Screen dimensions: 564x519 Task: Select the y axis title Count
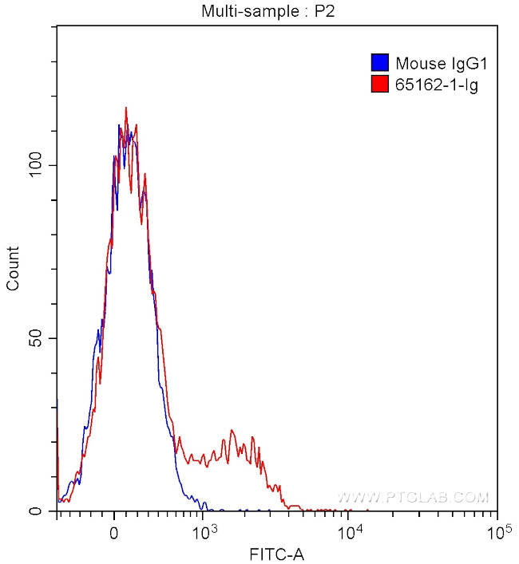14,269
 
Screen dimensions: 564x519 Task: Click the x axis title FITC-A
277,553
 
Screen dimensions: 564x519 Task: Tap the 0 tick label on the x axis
115,530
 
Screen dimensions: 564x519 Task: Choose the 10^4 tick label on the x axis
350,530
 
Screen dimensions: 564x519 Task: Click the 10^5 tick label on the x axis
497,530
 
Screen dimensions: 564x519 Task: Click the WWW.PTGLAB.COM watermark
412,497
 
